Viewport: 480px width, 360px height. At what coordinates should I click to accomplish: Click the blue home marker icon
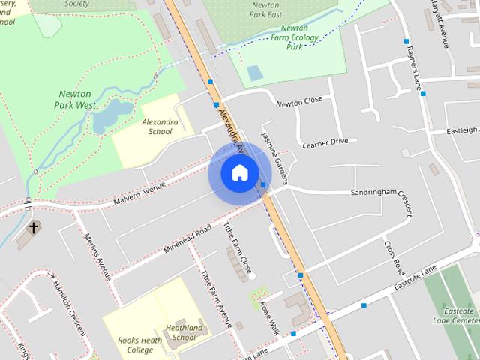[239, 172]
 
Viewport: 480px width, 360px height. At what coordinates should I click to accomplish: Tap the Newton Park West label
[78, 100]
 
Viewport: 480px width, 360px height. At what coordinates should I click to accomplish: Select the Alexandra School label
[160, 126]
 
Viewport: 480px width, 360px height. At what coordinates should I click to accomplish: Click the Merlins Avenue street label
[97, 255]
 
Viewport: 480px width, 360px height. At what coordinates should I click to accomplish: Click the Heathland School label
[184, 332]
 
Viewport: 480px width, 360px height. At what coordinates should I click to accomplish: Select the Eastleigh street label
[462, 130]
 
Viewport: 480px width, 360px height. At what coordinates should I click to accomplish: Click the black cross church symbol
[33, 226]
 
